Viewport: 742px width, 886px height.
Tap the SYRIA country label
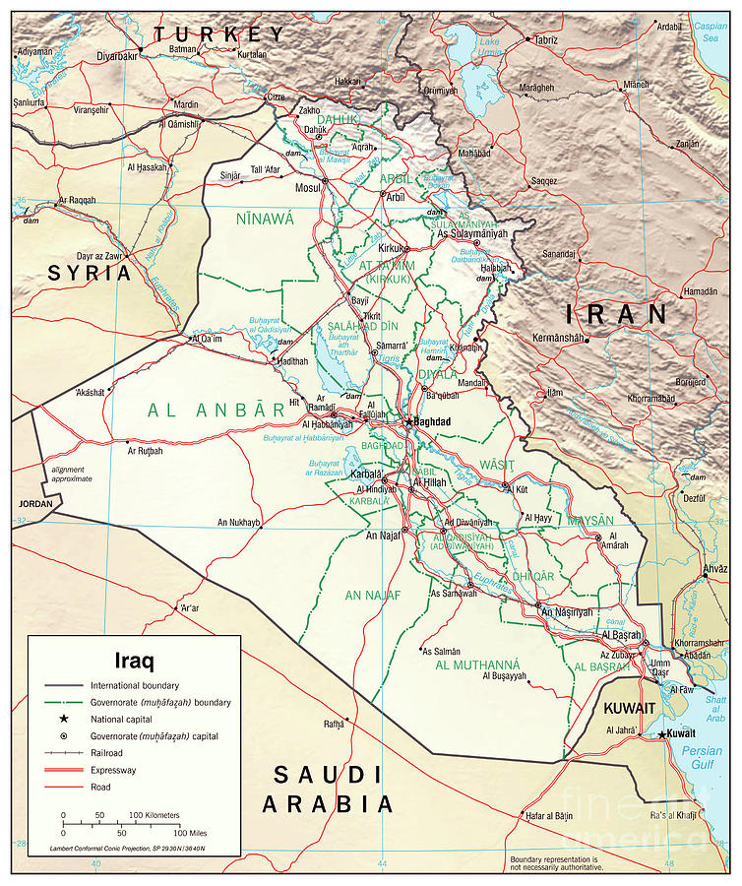click(x=90, y=274)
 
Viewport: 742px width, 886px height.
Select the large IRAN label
click(x=616, y=315)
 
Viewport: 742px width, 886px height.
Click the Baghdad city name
click(x=432, y=421)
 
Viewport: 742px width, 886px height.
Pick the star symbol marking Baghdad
click(x=409, y=421)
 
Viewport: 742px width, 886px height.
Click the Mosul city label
click(x=308, y=187)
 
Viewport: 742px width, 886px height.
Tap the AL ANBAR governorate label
click(x=208, y=411)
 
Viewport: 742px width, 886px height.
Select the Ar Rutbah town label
click(x=144, y=451)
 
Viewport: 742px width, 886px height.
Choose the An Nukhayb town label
click(x=238, y=522)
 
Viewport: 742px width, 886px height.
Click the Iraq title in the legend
click(x=134, y=660)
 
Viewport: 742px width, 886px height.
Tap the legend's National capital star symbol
click(x=63, y=719)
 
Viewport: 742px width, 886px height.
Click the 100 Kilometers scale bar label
click(x=155, y=815)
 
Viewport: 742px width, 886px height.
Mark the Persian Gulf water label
click(x=702, y=757)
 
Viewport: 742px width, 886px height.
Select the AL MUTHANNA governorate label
click(x=476, y=664)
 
